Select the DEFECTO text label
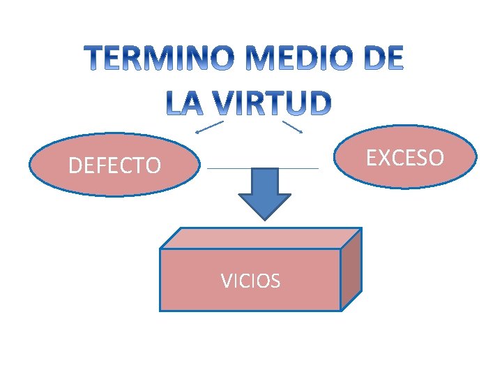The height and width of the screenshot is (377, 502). point(114,165)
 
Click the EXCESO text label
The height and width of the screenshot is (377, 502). point(405,158)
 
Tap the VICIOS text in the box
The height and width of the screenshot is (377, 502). point(250,281)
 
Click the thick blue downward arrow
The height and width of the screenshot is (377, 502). point(264,192)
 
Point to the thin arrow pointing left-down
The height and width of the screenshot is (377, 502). point(208,127)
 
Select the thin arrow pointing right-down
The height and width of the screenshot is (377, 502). point(292,127)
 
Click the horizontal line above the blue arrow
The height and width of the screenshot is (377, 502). point(262,168)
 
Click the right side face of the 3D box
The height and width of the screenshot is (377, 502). point(351,269)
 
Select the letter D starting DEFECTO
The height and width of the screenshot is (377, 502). point(75,165)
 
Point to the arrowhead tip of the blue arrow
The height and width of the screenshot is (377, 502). point(264,219)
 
